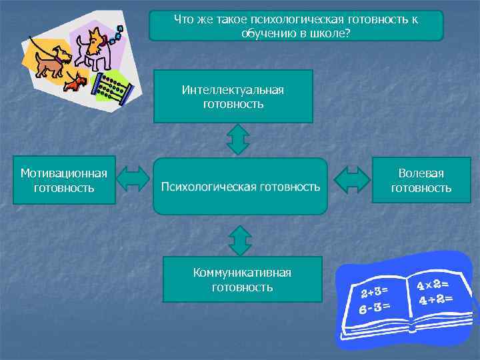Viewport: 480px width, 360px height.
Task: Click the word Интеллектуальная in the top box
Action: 233,90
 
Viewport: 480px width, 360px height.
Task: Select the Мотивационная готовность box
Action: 64,181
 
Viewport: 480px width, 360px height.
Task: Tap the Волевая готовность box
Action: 421,181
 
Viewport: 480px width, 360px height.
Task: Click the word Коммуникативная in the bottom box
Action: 242,273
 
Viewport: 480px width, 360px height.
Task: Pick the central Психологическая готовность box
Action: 241,186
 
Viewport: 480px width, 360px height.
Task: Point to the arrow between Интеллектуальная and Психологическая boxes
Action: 238,140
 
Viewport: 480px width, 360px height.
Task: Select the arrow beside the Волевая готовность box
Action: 351,180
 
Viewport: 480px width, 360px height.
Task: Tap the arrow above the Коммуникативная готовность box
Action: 239,240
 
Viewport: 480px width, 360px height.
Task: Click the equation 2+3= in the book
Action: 375,291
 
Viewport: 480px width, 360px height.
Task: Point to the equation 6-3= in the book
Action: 373,308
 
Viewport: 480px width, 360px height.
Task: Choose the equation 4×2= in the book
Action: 432,283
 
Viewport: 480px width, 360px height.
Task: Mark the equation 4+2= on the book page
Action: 436,299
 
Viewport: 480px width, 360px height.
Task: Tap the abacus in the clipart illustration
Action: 113,86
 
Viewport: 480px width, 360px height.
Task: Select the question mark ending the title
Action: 348,33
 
